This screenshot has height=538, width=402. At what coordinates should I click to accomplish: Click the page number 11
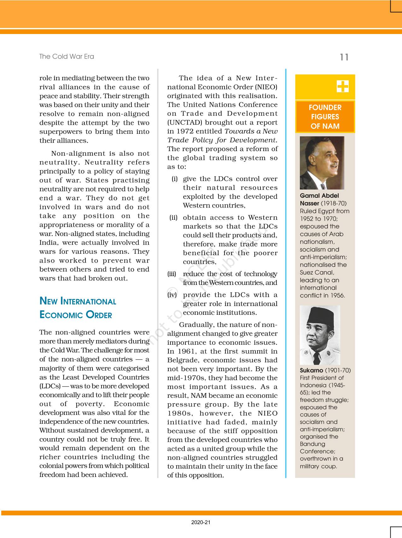click(x=344, y=57)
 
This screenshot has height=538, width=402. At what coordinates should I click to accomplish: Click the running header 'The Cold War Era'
click(x=67, y=57)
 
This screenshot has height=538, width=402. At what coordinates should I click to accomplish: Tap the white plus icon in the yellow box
click(x=342, y=86)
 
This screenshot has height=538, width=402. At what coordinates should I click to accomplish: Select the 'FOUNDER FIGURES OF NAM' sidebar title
click(x=325, y=117)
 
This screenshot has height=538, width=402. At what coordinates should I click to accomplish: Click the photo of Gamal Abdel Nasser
click(x=322, y=163)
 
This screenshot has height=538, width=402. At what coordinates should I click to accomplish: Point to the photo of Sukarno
click(x=320, y=335)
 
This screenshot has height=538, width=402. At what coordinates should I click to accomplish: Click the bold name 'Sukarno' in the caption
click(x=311, y=371)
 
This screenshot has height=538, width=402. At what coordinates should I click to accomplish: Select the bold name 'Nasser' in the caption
click(x=309, y=203)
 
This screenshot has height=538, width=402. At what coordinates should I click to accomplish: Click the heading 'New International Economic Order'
click(x=78, y=308)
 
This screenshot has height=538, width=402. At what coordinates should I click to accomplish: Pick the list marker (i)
click(x=174, y=179)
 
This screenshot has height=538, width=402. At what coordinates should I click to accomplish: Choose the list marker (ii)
click(x=173, y=218)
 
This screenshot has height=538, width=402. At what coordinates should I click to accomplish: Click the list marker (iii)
click(x=172, y=274)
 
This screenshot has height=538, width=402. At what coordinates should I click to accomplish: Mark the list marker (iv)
click(x=172, y=295)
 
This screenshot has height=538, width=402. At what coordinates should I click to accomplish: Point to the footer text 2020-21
click(x=201, y=522)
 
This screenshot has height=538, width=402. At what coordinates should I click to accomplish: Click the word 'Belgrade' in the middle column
click(x=183, y=360)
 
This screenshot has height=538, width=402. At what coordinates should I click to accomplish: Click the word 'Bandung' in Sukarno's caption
click(x=312, y=444)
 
